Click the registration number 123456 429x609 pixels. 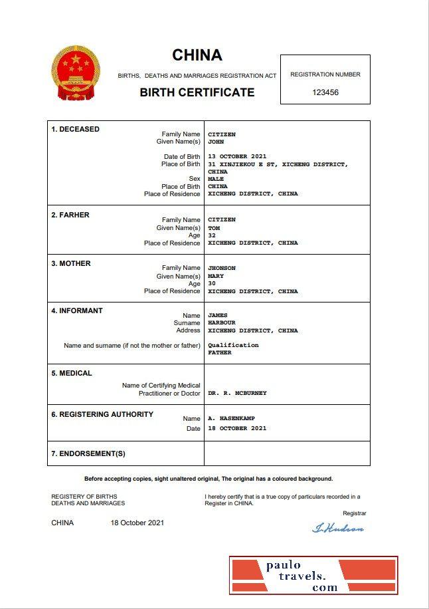pos(325,92)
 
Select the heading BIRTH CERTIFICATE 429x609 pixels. pos(197,92)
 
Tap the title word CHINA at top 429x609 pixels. pos(197,55)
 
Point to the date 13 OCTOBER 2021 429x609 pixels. pos(237,156)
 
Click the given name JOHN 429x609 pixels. pos(216,142)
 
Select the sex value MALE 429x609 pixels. pos(216,179)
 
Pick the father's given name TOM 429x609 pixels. pos(214,228)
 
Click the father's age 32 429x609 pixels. pos(212,235)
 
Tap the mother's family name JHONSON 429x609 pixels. pos(222,268)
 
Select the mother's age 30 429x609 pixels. pos(212,283)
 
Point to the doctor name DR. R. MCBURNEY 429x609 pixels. pos(237,393)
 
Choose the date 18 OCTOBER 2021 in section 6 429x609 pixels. pos(237,428)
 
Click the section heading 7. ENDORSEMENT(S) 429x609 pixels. pos(88,453)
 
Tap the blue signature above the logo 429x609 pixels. pos(338,529)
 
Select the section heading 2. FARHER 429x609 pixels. pos(70,215)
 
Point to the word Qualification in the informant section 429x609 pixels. pos(233,345)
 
